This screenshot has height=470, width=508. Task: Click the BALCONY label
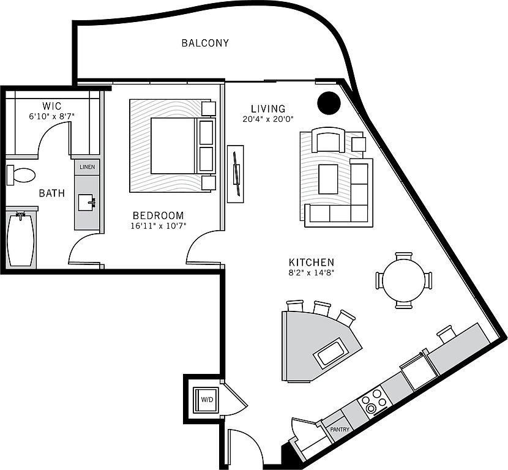pos(205,43)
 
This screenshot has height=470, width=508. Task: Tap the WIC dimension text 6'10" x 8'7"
pos(52,117)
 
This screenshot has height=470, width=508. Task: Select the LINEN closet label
pos(87,167)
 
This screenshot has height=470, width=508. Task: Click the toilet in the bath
pos(21,175)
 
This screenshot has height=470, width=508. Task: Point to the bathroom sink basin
pos(86,203)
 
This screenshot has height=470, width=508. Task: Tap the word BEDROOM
pos(159,215)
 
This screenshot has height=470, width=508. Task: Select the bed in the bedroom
pos(183,146)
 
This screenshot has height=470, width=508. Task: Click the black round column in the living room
pos(329,103)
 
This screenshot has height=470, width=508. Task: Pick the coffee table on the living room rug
pos(328,179)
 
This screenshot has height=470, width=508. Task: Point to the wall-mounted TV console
pos(236,174)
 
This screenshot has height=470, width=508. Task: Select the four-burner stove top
pos(375,402)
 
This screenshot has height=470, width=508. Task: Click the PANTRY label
pos(340,430)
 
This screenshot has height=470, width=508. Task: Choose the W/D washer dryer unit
pos(207,400)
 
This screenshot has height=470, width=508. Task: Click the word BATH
pos(52,193)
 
